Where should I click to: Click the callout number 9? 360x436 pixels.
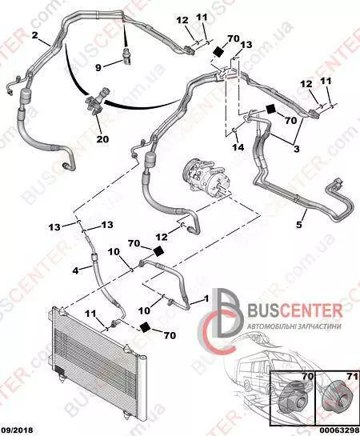[x=98, y=67]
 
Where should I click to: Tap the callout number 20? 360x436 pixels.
[x=102, y=138]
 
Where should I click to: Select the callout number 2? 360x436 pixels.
[x=34, y=35]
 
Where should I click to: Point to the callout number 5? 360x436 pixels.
[x=299, y=224]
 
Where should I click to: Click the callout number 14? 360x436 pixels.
[x=238, y=147]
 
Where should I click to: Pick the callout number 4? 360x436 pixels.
[x=76, y=270]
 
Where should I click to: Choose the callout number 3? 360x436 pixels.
[x=297, y=149]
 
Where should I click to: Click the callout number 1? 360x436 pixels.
[x=206, y=298]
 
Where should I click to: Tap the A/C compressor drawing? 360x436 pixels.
[x=205, y=175]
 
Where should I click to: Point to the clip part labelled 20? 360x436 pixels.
[x=96, y=103]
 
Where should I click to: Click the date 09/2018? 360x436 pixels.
[x=17, y=430]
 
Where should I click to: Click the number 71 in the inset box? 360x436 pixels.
[x=350, y=377]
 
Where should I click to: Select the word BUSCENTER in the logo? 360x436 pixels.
[x=295, y=310]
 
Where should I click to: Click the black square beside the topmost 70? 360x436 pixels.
[x=218, y=52]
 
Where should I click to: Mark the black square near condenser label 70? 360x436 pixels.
[x=145, y=327]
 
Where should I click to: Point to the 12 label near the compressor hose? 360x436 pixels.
[x=162, y=237]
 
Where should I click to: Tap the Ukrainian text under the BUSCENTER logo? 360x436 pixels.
[x=294, y=326]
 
